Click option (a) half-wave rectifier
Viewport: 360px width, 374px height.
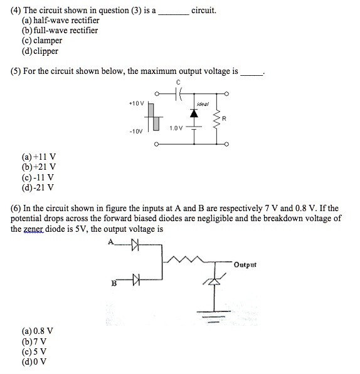click(60, 20)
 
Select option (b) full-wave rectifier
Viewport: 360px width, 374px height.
click(60, 30)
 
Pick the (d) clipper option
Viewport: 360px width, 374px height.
click(41, 50)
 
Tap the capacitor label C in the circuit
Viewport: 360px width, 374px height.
click(178, 82)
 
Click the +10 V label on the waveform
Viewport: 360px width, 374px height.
click(136, 102)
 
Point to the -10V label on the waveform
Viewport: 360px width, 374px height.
click(137, 132)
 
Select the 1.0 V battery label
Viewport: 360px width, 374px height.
click(176, 128)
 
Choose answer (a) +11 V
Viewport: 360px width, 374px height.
click(40, 157)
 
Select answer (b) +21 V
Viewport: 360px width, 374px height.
click(40, 167)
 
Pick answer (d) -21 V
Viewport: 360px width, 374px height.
click(39, 187)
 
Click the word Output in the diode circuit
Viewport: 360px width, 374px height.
click(245, 264)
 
